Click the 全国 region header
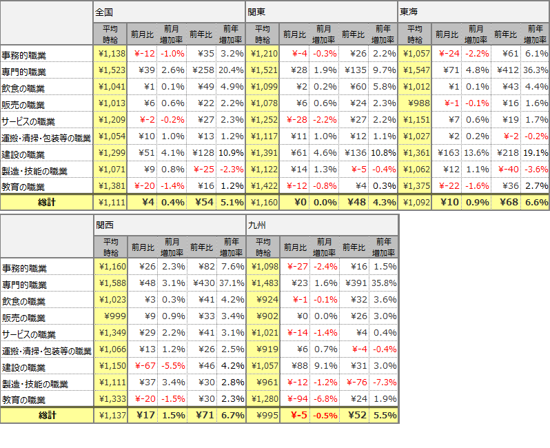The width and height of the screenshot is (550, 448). [104, 12]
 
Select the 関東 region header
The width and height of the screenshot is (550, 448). [256, 12]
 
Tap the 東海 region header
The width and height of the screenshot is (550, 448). [409, 12]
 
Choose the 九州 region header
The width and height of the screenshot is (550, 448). [256, 225]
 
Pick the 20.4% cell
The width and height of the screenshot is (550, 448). [233, 70]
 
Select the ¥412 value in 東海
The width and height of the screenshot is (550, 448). [506, 70]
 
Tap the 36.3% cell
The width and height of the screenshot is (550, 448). [536, 70]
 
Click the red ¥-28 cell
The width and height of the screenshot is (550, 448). [296, 120]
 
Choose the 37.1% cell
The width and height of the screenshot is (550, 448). [233, 283]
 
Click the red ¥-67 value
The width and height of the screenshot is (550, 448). [144, 366]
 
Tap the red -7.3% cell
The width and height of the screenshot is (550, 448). [385, 383]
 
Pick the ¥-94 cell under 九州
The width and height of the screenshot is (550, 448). [296, 399]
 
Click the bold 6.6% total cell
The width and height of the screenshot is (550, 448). [536, 203]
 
